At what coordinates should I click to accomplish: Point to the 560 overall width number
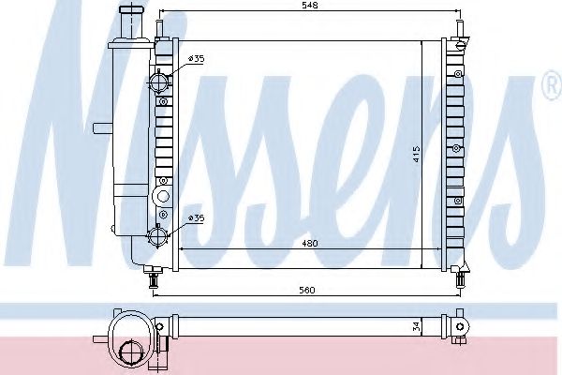pyautogui.click(x=305, y=289)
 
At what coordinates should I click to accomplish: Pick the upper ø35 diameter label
pyautogui.click(x=196, y=60)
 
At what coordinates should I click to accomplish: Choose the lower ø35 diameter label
pyautogui.click(x=196, y=217)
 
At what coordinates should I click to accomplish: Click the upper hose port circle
pyautogui.click(x=160, y=81)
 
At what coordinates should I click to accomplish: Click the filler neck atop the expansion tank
pyautogui.click(x=126, y=18)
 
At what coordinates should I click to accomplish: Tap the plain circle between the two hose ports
pyautogui.click(x=161, y=196)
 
